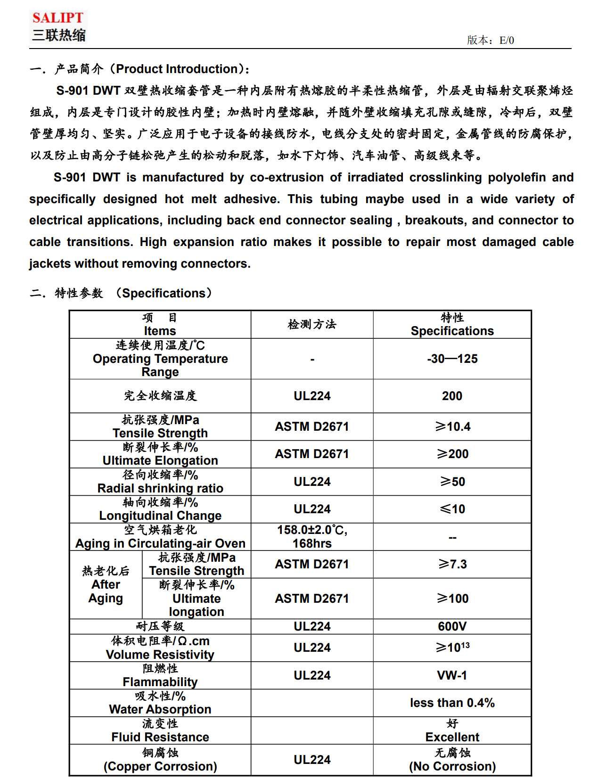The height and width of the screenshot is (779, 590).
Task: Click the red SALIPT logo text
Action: tap(57, 18)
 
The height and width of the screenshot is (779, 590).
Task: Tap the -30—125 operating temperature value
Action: tap(452, 359)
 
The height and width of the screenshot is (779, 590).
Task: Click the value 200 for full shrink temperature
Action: tap(452, 396)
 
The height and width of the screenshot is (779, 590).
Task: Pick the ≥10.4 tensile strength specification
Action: tap(452, 426)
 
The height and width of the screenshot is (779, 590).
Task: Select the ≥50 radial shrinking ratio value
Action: tap(452, 482)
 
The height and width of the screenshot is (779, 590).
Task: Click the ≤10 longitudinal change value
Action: tap(452, 509)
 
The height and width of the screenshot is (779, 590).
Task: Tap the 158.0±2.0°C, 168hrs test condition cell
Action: tap(312, 537)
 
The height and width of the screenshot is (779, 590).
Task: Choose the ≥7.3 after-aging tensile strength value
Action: tap(452, 564)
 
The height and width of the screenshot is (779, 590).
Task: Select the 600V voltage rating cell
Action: tap(452, 626)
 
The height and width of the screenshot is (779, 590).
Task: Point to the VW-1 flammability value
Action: tap(452, 675)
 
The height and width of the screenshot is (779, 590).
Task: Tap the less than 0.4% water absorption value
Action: tap(452, 703)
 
